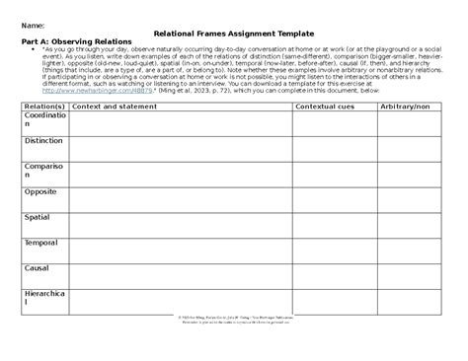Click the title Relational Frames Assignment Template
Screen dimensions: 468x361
click(x=234, y=33)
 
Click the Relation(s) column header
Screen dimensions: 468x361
click(x=44, y=105)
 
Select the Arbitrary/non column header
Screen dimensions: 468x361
click(x=407, y=105)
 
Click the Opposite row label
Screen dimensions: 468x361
click(x=42, y=192)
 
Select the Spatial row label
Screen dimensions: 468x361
click(x=40, y=217)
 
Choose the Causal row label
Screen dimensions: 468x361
click(x=39, y=266)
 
